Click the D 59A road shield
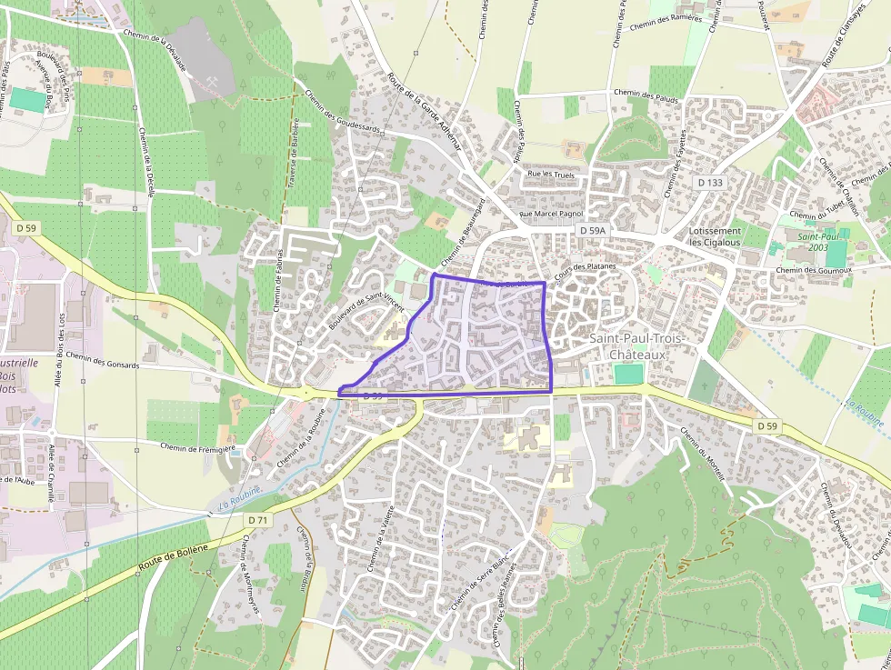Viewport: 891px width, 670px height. tap(592, 232)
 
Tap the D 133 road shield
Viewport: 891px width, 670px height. tap(711, 183)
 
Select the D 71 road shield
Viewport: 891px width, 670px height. tap(258, 519)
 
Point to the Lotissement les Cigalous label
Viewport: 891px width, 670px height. tap(715, 236)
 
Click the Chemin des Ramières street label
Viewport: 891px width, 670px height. tap(666, 21)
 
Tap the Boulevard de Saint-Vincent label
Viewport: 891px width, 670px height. tap(365, 310)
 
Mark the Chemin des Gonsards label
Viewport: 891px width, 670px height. tap(102, 360)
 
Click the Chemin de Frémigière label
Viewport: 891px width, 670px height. tap(197, 446)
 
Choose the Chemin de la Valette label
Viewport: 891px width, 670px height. tap(381, 538)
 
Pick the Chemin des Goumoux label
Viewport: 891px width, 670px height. tap(814, 270)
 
